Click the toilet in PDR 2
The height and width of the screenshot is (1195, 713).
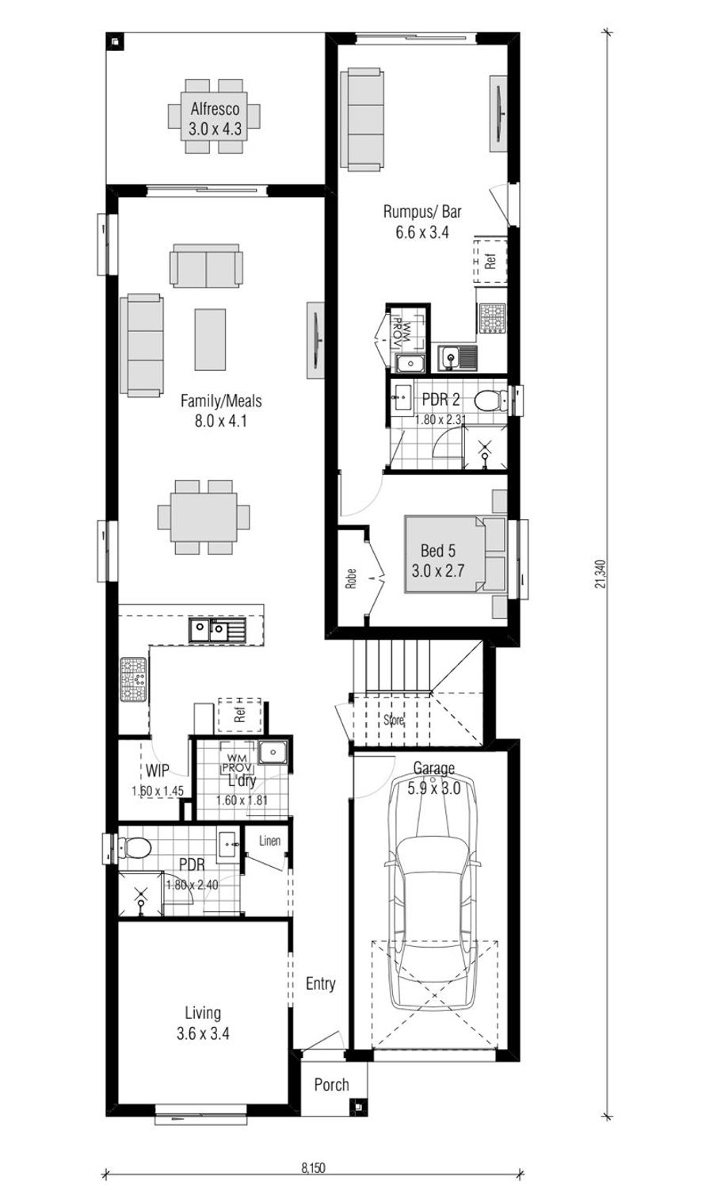pyautogui.click(x=492, y=399)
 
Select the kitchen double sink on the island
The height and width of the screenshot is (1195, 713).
pyautogui.click(x=217, y=630)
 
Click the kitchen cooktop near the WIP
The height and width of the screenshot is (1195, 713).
pyautogui.click(x=133, y=679)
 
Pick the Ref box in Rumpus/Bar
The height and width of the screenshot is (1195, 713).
pyautogui.click(x=490, y=259)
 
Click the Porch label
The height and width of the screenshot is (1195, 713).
pyautogui.click(x=331, y=1084)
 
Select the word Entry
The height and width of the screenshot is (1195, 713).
pyautogui.click(x=320, y=983)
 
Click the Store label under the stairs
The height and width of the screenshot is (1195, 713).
pyautogui.click(x=394, y=720)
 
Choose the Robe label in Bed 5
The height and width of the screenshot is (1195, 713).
pyautogui.click(x=351, y=579)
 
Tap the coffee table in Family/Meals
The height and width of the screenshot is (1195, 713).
pyautogui.click(x=210, y=338)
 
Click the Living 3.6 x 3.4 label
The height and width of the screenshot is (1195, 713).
pyautogui.click(x=203, y=1022)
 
